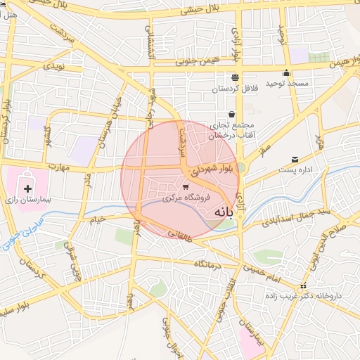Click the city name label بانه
coord(220,211)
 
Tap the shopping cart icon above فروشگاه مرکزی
coord(186,187)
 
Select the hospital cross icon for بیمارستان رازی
coord(28,188)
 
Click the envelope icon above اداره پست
coord(294,159)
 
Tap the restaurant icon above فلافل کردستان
coord(234,77)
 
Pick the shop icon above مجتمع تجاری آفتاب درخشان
coord(231,114)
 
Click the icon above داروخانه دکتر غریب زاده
coord(304,285)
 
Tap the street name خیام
coord(96,220)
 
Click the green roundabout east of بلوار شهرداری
coord(240,167)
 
